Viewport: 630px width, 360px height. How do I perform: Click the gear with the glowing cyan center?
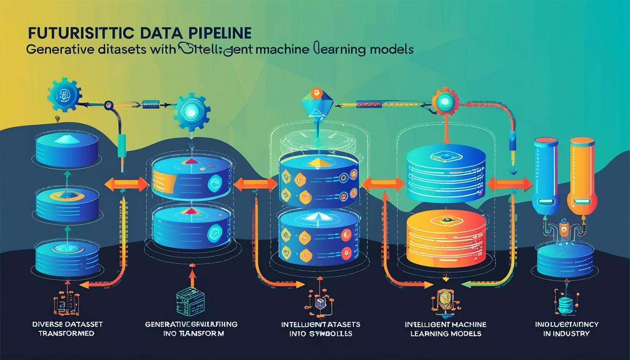[x=192, y=110]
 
